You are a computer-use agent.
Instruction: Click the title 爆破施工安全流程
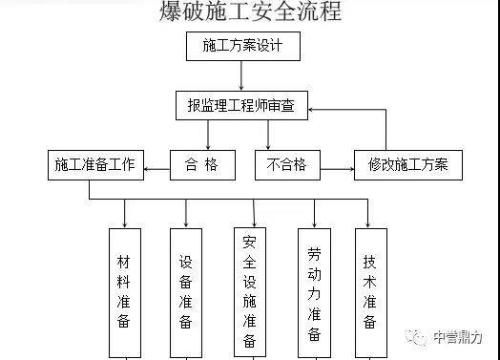(250, 12)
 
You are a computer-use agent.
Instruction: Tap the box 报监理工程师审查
(242, 106)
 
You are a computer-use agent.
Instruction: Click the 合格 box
(201, 165)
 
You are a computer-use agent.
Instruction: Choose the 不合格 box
(286, 165)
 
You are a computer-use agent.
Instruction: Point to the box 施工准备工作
(95, 165)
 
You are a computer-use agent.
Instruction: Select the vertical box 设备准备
(186, 292)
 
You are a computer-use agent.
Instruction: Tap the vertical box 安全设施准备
(249, 292)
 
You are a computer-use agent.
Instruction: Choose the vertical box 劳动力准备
(314, 292)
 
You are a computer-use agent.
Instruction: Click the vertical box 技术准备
(370, 292)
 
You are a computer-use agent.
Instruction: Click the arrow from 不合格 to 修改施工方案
(335, 166)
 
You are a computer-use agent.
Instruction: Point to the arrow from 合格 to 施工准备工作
(156, 166)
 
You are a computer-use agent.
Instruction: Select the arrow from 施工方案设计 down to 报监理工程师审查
(242, 75)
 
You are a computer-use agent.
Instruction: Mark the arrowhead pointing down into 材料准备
(125, 222)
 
